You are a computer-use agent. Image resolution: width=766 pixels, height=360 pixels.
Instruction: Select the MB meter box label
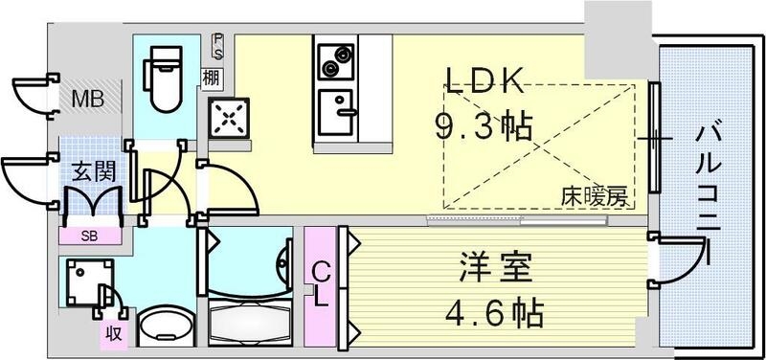92,99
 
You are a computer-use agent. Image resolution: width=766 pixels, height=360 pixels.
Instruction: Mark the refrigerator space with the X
229,119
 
